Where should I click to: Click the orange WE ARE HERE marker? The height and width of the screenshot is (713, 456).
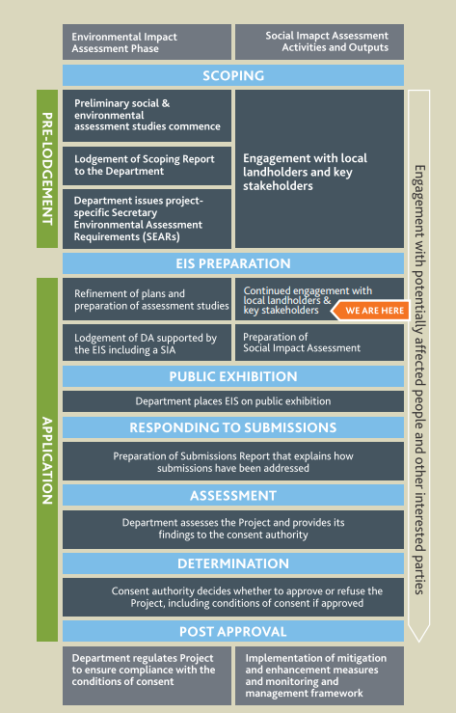pyautogui.click(x=370, y=311)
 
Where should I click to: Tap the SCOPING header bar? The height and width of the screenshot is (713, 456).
pyautogui.click(x=233, y=75)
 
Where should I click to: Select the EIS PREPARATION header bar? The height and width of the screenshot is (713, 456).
pyautogui.click(x=233, y=263)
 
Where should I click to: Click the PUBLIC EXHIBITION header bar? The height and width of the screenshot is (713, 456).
pyautogui.click(x=233, y=376)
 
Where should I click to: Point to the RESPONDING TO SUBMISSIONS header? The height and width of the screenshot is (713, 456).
pyautogui.click(x=233, y=427)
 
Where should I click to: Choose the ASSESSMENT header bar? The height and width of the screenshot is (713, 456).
pyautogui.click(x=233, y=495)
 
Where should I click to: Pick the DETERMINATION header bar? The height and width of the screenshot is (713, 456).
pyautogui.click(x=233, y=563)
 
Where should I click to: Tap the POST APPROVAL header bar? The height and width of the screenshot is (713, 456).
pyautogui.click(x=233, y=631)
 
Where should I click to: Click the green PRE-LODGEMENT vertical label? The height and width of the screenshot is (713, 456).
pyautogui.click(x=47, y=169)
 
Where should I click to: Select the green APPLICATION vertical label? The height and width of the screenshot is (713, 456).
pyautogui.click(x=47, y=459)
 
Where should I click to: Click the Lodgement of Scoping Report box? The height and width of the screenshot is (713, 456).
pyautogui.click(x=147, y=166)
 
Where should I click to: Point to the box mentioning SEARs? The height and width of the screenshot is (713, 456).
pyautogui.click(x=147, y=219)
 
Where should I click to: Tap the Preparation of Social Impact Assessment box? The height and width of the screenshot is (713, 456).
pyautogui.click(x=319, y=343)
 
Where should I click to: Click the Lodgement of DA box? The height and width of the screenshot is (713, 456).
pyautogui.click(x=147, y=343)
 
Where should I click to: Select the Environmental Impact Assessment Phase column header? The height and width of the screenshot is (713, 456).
pyautogui.click(x=147, y=42)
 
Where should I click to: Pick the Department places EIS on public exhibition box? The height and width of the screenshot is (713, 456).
pyautogui.click(x=233, y=401)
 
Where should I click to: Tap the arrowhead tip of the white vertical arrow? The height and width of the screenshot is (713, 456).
pyautogui.click(x=418, y=642)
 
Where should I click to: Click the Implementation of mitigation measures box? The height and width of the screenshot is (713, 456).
pyautogui.click(x=319, y=675)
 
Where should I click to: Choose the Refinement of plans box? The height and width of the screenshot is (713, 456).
pyautogui.click(x=147, y=299)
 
